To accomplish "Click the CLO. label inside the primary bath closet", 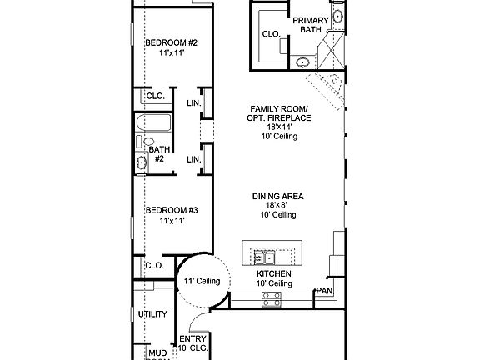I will click(x=271, y=34).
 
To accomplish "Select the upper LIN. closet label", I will click(x=193, y=103).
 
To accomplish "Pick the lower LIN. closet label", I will click(x=193, y=159).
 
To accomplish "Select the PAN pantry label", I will click(x=323, y=292).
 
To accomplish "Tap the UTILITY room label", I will click(x=152, y=314).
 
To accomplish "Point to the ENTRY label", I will click(x=192, y=339).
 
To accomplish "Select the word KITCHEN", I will click(x=274, y=273).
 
